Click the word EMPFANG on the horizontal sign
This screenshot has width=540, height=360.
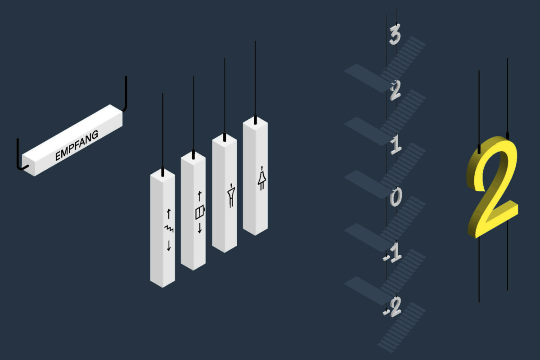tap(76, 145)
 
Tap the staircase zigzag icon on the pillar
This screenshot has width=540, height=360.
tap(169, 229)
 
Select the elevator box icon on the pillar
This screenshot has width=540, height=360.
tap(200, 212)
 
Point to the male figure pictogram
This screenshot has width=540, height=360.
tap(231, 195)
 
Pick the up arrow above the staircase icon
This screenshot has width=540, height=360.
tap(169, 214)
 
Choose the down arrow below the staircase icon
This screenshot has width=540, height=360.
tap(169, 246)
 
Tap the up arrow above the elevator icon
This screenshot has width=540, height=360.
tap(199, 196)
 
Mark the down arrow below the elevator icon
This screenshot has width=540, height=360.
tap(200, 228)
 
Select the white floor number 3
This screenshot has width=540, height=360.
tap(395, 34)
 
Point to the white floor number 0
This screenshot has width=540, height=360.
tap(396, 197)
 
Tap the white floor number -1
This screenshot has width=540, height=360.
tap(393, 253)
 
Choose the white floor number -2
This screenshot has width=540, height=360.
tap(392, 306)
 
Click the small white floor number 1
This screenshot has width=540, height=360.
tap(396, 144)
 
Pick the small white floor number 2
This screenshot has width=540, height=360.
tap(396, 90)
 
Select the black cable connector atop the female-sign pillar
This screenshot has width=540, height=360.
tap(255, 120)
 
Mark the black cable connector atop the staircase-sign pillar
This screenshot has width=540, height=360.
tap(163, 171)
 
